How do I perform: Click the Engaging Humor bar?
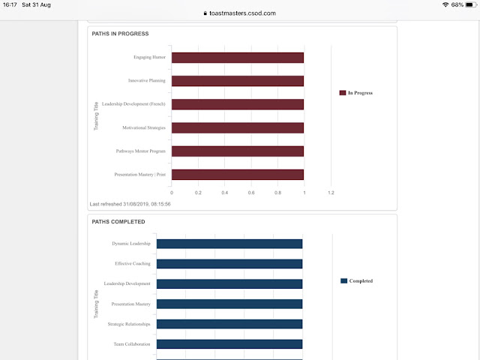[x=238, y=58]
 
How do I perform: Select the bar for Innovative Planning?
[x=238, y=81]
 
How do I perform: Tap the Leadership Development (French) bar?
[x=238, y=104]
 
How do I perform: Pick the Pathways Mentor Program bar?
[x=238, y=151]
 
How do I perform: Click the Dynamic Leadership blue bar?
[x=229, y=244]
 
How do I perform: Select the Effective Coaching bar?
[x=229, y=264]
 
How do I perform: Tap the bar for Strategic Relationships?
[x=229, y=324]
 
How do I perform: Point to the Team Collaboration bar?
[x=229, y=344]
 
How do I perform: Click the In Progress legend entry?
[x=356, y=93]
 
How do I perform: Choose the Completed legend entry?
[x=357, y=280]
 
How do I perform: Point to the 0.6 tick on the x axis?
[x=251, y=193]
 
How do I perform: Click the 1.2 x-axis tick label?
[x=331, y=193]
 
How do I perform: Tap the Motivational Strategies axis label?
[x=144, y=127]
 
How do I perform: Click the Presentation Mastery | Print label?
[x=140, y=175]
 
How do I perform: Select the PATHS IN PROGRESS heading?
[x=120, y=34]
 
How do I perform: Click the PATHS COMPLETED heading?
[x=118, y=222]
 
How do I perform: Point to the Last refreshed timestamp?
[x=130, y=204]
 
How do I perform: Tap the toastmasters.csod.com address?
[x=242, y=13]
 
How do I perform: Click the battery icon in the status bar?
[x=471, y=5]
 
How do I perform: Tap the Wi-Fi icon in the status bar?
[x=445, y=4]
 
